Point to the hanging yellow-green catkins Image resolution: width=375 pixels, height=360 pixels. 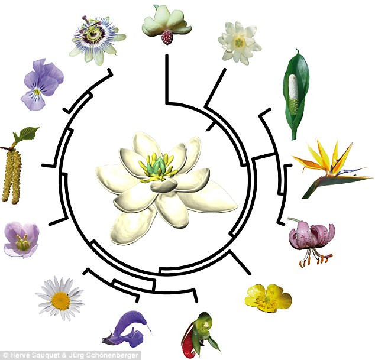13,174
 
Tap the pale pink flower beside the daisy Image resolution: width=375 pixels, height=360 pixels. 21,239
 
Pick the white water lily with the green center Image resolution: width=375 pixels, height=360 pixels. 238,41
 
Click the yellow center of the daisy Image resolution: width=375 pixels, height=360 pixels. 60,300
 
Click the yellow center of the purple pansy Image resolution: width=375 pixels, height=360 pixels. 37,91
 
